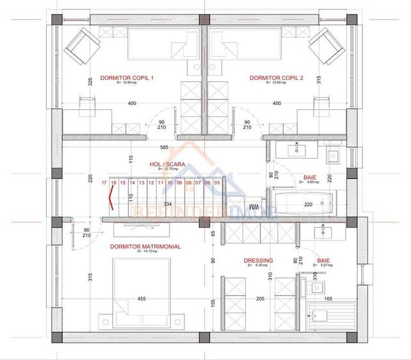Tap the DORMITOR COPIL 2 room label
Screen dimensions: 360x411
(x=276, y=77)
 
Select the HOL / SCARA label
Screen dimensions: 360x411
(x=167, y=164)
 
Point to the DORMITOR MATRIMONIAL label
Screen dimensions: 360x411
(x=145, y=246)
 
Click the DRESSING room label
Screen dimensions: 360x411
(x=259, y=260)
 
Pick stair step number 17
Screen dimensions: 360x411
(x=104, y=183)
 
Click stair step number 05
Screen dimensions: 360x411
(x=217, y=183)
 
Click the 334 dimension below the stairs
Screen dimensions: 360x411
(x=167, y=204)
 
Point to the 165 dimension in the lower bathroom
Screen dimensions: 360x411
(x=328, y=298)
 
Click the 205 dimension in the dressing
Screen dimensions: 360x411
(x=261, y=298)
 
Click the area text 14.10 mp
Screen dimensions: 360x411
(x=144, y=252)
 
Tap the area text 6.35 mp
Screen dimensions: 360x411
(x=259, y=266)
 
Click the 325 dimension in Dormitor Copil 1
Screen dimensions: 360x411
(x=90, y=81)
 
